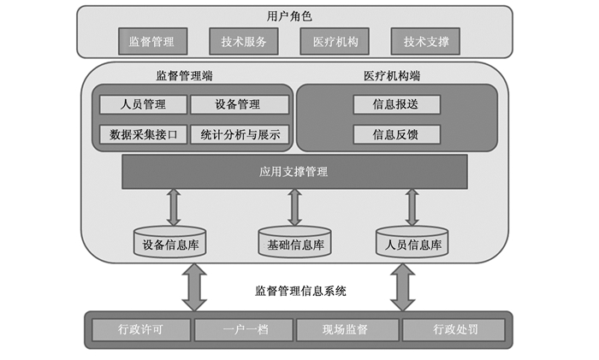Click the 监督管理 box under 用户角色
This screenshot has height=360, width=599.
coord(151,41)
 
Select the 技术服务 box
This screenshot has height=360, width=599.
coord(244,41)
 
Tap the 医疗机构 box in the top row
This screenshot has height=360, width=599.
coord(335,41)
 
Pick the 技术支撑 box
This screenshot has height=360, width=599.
coord(425,41)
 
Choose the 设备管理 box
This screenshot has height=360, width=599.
coord(237,104)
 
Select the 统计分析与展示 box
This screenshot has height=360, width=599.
coord(240,134)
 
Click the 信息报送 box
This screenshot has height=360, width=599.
coord(396,104)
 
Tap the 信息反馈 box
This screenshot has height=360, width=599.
coord(396,134)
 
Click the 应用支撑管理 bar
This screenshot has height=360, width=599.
coord(294,172)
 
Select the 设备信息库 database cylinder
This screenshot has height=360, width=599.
coord(170,243)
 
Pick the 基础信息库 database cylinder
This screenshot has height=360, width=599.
coord(294,243)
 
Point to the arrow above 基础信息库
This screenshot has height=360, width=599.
coord(294,207)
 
